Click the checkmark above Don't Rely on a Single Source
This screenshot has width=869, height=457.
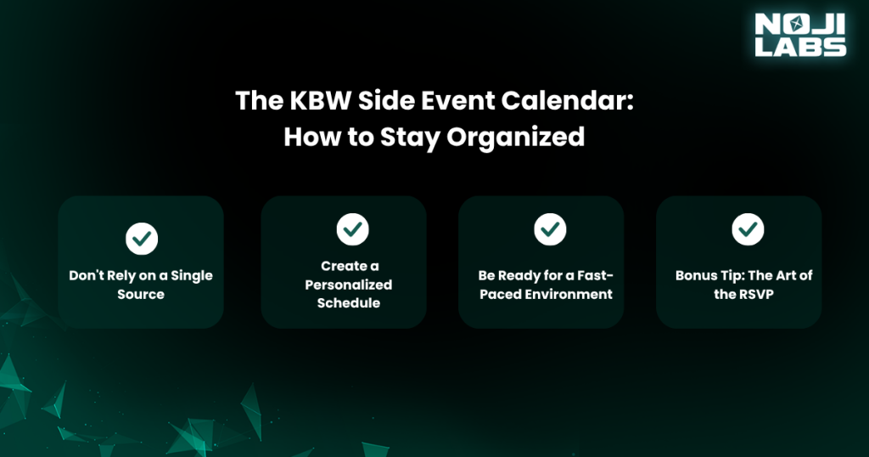point(142,239)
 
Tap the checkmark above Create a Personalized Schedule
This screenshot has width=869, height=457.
point(352,228)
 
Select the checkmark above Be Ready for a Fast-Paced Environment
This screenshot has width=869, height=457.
point(550,228)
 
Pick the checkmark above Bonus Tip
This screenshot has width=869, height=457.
point(748,228)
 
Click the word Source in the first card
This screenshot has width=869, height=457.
point(141,294)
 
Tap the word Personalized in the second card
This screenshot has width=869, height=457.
point(349,285)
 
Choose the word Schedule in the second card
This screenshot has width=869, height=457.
point(349,303)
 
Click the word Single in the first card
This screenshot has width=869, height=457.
point(192,275)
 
